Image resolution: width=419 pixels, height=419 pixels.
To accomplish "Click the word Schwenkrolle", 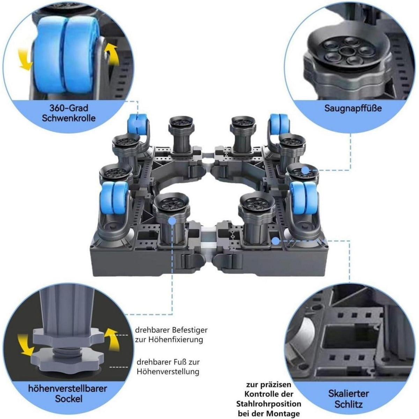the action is point(69,118).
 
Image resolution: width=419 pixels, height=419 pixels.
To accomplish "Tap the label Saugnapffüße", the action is point(353,108).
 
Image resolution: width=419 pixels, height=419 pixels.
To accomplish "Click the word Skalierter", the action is point(348,387).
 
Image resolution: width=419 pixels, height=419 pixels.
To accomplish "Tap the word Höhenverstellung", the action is point(168,372).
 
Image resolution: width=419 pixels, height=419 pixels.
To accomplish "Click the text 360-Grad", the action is point(69,108).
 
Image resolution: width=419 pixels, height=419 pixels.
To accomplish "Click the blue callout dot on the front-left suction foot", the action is point(172,221).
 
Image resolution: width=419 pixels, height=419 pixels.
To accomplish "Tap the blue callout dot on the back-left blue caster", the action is point(138,124).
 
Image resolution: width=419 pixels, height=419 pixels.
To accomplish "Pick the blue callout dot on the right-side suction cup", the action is point(306,170).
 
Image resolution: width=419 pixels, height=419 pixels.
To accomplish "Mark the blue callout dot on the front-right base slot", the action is point(276,241).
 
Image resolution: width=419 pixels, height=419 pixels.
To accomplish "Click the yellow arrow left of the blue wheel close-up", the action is point(25,59).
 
